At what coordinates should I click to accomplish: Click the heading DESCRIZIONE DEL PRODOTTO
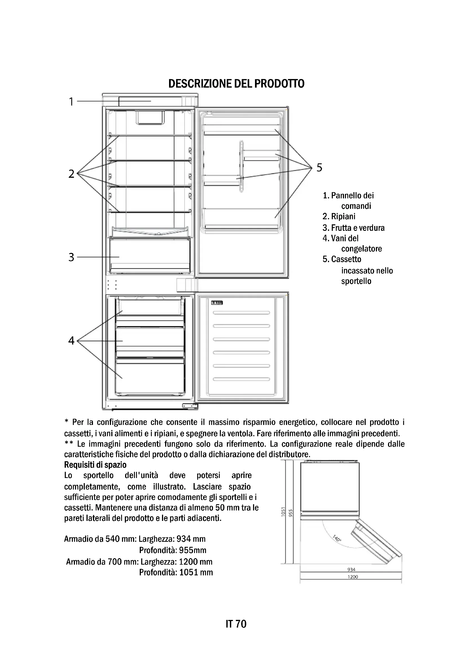pyautogui.click(x=236, y=84)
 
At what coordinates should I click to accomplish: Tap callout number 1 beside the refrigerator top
pyautogui.click(x=71, y=102)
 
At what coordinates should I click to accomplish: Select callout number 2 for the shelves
pyautogui.click(x=72, y=174)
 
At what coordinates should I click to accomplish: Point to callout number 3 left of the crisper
pyautogui.click(x=71, y=257)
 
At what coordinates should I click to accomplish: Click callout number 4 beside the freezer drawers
pyautogui.click(x=71, y=341)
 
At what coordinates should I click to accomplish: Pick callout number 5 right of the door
pyautogui.click(x=319, y=167)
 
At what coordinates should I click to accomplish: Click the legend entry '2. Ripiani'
pyautogui.click(x=339, y=216)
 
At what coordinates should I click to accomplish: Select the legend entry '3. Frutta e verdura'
pyautogui.click(x=354, y=228)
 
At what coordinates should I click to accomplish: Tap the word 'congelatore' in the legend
pyautogui.click(x=361, y=249)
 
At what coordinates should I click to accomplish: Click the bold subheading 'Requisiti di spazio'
pyautogui.click(x=95, y=464)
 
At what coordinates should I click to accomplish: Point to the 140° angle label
pyautogui.click(x=337, y=538)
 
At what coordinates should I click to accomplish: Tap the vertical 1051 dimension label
pyautogui.click(x=283, y=512)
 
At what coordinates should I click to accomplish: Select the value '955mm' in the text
pyautogui.click(x=192, y=550)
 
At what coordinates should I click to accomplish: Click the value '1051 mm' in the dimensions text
pyautogui.click(x=196, y=572)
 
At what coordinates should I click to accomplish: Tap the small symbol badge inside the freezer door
pyautogui.click(x=217, y=303)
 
